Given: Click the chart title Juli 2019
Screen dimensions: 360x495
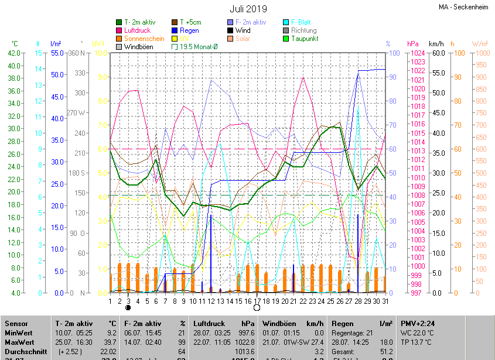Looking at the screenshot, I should tap(248, 9).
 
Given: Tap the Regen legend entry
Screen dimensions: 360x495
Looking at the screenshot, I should tap(189, 30).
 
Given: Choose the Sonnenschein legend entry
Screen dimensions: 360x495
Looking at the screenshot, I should tap(144, 39).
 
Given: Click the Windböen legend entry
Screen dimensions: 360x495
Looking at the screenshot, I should tap(139, 47).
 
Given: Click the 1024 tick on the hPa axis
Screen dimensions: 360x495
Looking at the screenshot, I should tap(417, 53).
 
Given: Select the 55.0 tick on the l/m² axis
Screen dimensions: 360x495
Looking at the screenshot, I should tap(56, 53).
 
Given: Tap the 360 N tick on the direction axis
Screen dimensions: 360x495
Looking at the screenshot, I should tap(77, 53).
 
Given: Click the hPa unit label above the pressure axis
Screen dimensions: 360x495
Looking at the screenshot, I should tap(413, 44).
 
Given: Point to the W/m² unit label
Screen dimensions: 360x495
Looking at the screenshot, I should tap(479, 44).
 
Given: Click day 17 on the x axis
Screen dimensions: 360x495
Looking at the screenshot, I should tap(257, 301).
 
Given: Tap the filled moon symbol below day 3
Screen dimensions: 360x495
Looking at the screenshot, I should tap(128, 307).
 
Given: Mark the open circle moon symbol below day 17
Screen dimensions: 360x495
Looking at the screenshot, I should tap(257, 307).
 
